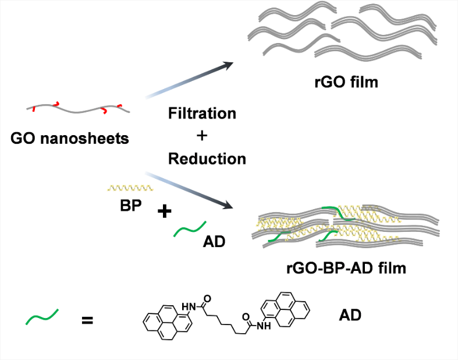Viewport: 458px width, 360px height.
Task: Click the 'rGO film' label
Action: pyautogui.click(x=346, y=82)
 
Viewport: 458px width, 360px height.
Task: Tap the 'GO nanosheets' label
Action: pyautogui.click(x=70, y=139)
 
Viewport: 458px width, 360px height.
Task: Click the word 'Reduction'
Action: pyautogui.click(x=207, y=158)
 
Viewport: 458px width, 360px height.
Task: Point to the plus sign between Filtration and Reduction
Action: pyautogui.click(x=202, y=136)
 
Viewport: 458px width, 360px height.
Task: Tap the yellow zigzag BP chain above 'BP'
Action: pyautogui.click(x=131, y=188)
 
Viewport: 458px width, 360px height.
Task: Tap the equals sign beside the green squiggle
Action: pyautogui.click(x=87, y=319)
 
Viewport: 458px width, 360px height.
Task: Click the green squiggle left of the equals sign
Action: pyautogui.click(x=42, y=317)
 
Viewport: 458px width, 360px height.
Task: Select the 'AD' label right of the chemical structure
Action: pyautogui.click(x=350, y=316)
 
